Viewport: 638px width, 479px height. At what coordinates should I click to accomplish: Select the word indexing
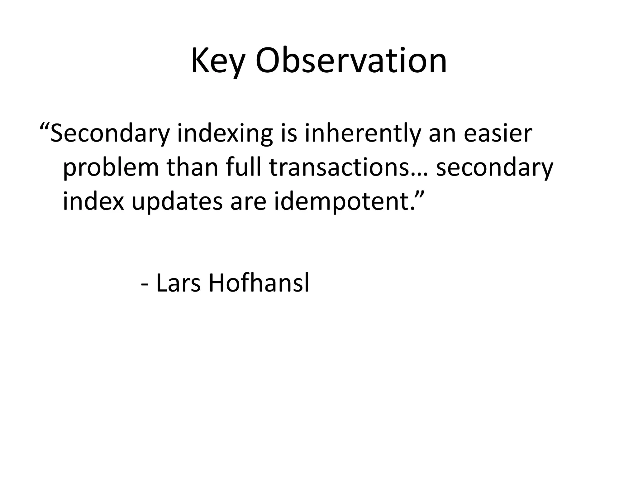[225, 134]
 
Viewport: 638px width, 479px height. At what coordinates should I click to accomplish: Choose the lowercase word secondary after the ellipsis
[494, 168]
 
